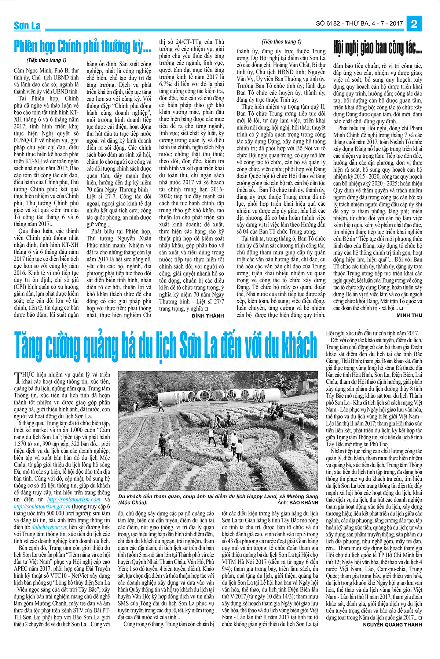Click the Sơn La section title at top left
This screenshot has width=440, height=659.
(x=27, y=26)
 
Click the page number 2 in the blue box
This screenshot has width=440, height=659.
(x=414, y=24)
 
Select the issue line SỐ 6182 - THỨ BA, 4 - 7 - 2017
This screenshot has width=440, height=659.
(x=359, y=23)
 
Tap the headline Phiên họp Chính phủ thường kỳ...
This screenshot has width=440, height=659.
(x=82, y=47)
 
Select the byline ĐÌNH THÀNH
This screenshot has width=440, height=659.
(x=208, y=316)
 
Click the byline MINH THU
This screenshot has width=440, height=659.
(x=409, y=315)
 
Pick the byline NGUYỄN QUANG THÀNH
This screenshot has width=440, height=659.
(x=392, y=625)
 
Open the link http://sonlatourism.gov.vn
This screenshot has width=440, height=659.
(x=42, y=506)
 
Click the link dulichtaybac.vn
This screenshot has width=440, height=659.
(x=49, y=527)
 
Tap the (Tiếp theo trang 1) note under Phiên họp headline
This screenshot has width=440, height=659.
(x=47, y=60)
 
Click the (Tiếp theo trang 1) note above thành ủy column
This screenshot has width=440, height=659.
(x=282, y=42)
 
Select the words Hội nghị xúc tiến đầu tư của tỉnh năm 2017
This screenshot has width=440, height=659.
(x=372, y=333)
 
